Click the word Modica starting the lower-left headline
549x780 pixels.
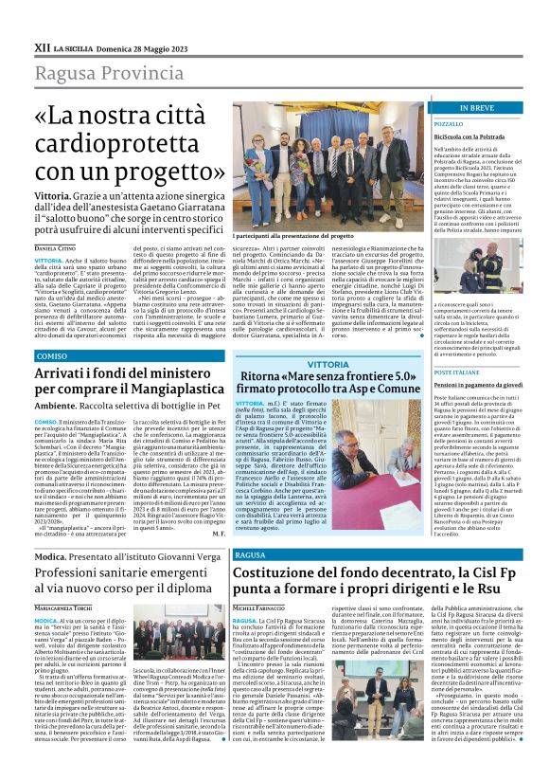click(x=51, y=559)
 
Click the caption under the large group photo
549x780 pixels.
click(x=292, y=234)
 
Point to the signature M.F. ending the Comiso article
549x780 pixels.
click(x=219, y=533)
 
